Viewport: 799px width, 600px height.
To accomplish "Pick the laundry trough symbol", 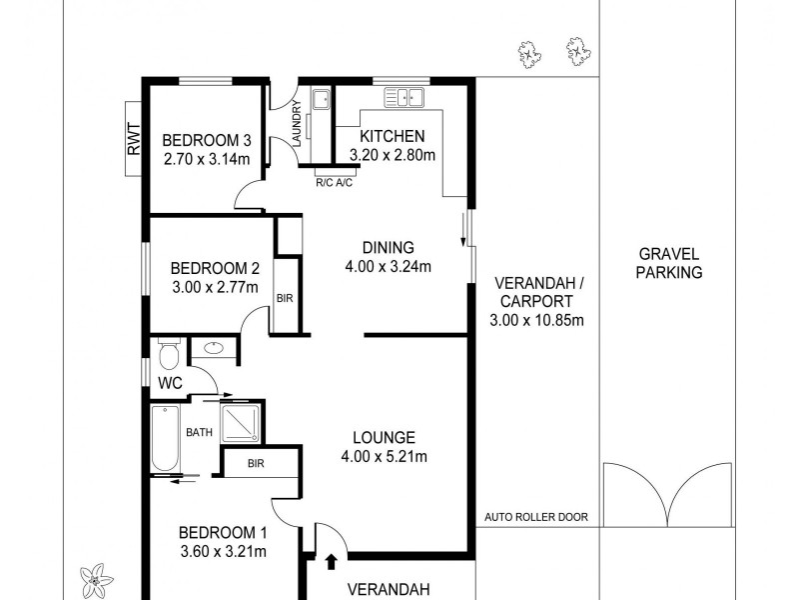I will click(321, 100).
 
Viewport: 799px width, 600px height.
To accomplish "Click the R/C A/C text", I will click(334, 183).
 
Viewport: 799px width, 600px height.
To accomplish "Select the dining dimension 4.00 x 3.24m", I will click(388, 266).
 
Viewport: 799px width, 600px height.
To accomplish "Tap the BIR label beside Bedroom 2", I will click(285, 298).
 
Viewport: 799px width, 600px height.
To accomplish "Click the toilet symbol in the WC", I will click(168, 354).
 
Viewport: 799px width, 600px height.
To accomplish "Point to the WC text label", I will click(170, 383).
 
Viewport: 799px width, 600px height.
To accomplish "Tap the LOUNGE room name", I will click(384, 437).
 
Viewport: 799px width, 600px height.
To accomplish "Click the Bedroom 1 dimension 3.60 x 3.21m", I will click(223, 550).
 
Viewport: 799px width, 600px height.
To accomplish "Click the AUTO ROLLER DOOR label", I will click(536, 518).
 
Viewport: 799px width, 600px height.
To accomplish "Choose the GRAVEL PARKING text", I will click(669, 263).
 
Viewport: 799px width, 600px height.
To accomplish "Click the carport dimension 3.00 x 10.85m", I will click(536, 319).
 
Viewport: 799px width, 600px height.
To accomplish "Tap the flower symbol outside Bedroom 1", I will click(97, 578).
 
